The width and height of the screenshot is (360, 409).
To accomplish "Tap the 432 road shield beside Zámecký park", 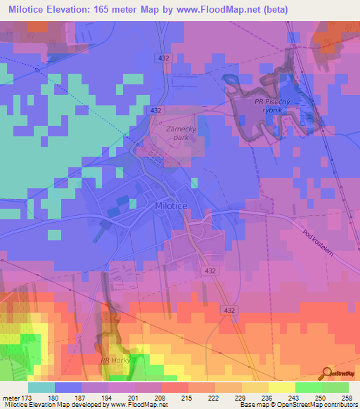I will pyautogui.click(x=156, y=110).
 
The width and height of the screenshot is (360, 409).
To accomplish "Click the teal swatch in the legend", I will pyautogui.click(x=41, y=388).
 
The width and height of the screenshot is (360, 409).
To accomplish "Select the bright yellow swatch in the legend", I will pyautogui.click(x=281, y=388).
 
